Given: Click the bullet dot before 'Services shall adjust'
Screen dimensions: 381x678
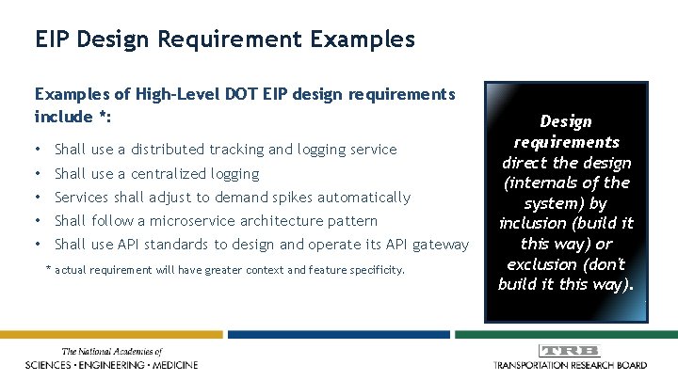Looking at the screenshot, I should coord(35,198).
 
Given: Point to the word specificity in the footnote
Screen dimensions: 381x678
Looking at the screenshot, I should coord(374,270).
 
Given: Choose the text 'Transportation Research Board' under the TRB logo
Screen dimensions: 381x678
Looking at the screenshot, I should coord(571,364).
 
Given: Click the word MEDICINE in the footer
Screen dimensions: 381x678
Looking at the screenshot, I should coord(167,364).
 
